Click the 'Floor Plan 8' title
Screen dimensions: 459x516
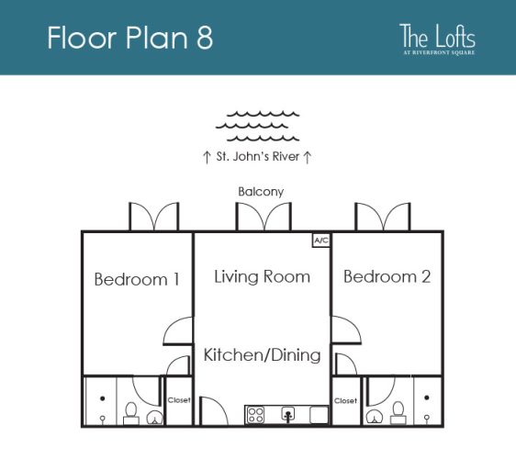(129, 38)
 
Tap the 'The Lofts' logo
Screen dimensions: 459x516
(437, 39)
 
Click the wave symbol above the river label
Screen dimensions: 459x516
(258, 127)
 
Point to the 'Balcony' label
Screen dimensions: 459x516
(261, 192)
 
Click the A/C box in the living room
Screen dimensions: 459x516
(321, 241)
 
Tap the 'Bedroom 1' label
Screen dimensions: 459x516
(137, 279)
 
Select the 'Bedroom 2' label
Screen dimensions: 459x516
(387, 276)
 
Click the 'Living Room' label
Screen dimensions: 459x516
(262, 276)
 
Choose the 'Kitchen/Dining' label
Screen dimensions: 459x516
(262, 355)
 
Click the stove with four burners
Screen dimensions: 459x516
(255, 415)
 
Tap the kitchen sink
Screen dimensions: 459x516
(288, 415)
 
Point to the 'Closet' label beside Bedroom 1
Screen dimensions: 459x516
(179, 401)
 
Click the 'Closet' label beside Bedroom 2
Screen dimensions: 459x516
(345, 401)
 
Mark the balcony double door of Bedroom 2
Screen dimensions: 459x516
(382, 218)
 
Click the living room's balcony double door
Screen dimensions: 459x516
(263, 218)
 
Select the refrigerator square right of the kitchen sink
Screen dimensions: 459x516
(319, 415)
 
